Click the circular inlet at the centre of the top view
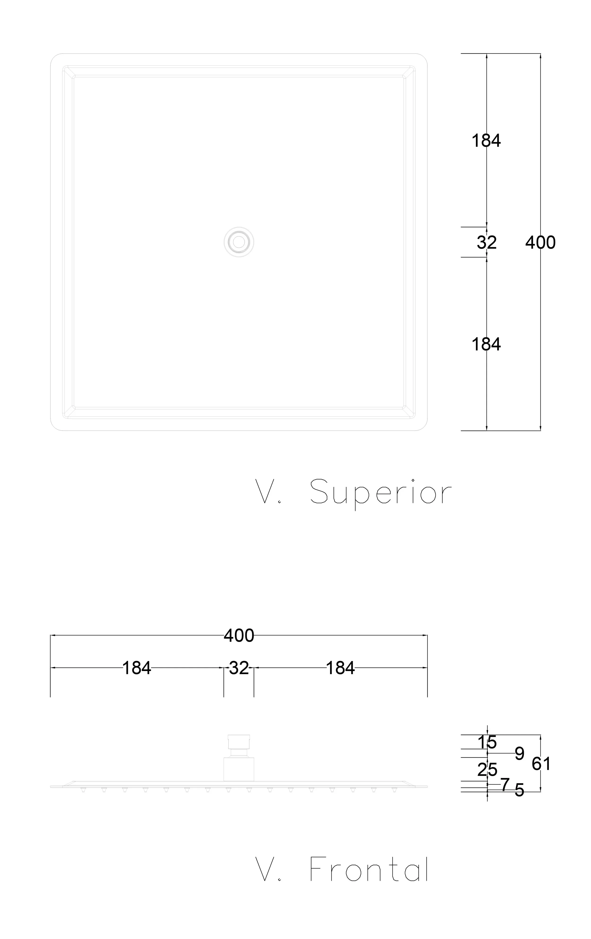(x=239, y=242)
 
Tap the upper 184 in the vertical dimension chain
(x=486, y=140)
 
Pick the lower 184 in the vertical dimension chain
(x=486, y=344)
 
